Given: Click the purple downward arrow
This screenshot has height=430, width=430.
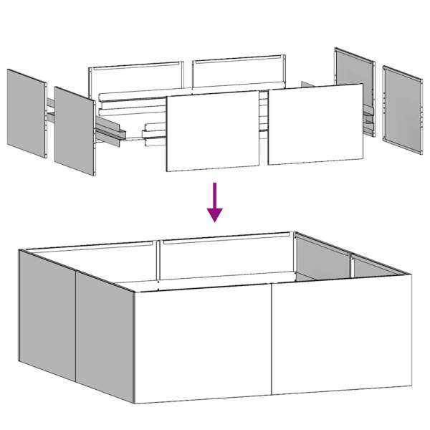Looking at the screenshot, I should [x=214, y=203].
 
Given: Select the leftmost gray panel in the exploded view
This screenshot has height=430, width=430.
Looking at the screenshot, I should [x=27, y=113].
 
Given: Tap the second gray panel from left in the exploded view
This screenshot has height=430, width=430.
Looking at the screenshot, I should [x=75, y=130].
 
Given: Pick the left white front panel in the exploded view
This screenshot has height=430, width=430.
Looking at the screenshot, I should [x=212, y=131].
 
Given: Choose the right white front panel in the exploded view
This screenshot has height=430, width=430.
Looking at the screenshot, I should [x=315, y=123].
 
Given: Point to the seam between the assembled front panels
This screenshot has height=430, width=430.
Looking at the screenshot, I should [x=272, y=340].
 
